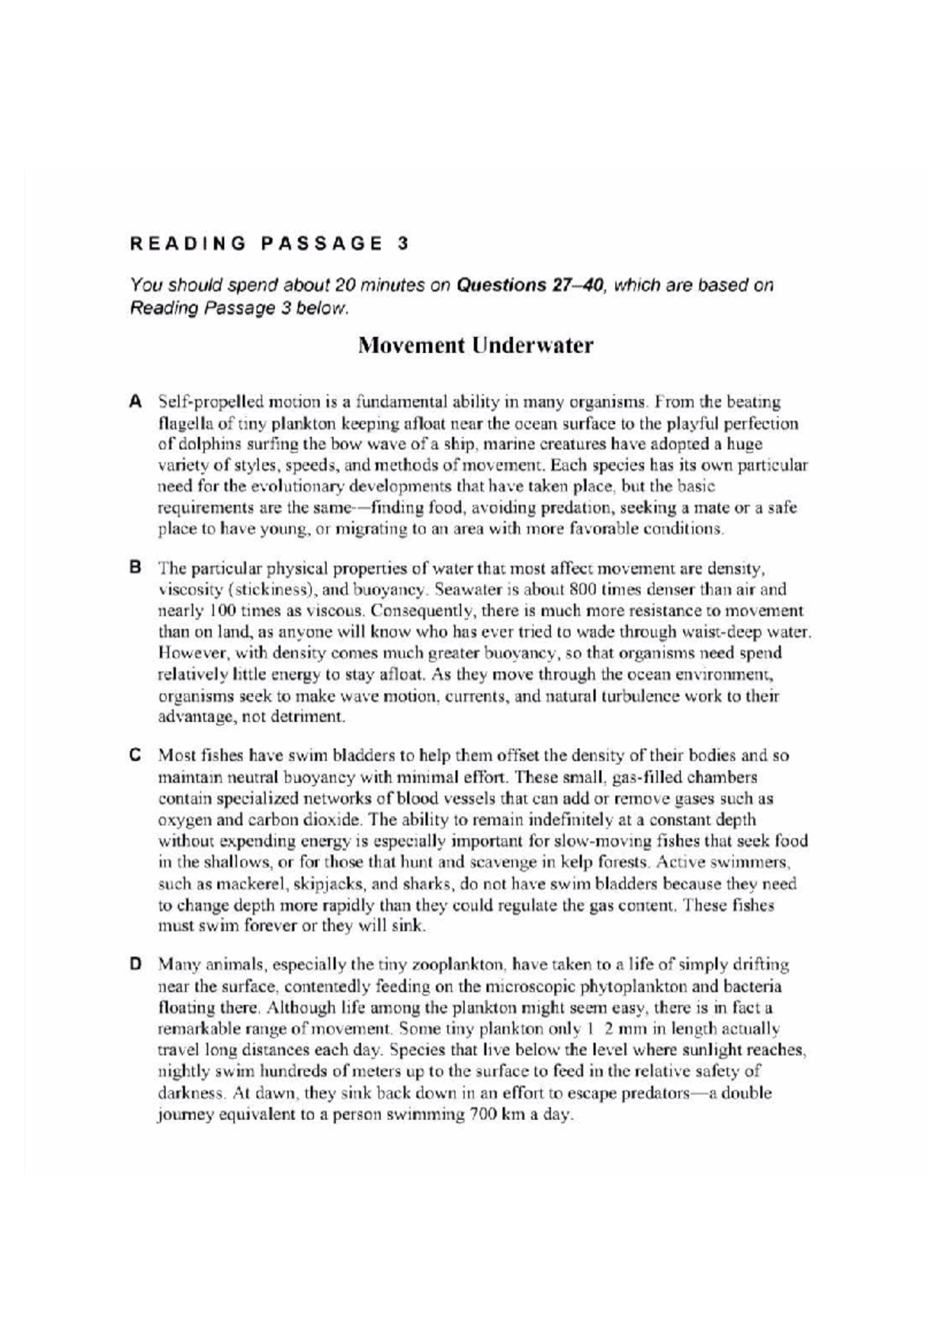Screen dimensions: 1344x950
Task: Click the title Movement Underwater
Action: click(475, 346)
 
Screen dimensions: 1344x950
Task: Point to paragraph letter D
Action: click(135, 965)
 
